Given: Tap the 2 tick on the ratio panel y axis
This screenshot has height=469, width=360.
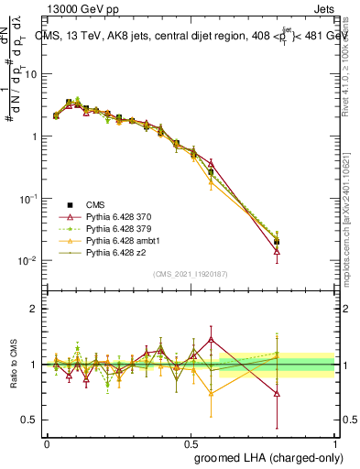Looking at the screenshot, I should pos(35,309).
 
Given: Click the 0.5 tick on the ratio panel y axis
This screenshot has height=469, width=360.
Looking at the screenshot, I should pos(31,420).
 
